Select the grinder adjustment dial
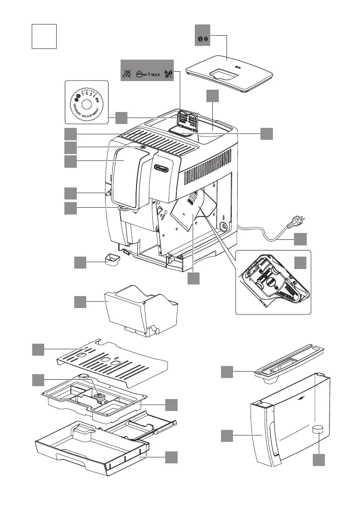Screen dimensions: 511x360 86,104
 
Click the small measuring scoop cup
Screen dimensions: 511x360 112,260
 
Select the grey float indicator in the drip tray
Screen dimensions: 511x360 100,397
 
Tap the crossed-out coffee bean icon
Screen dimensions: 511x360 168,74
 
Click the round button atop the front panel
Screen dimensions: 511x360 143,147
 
